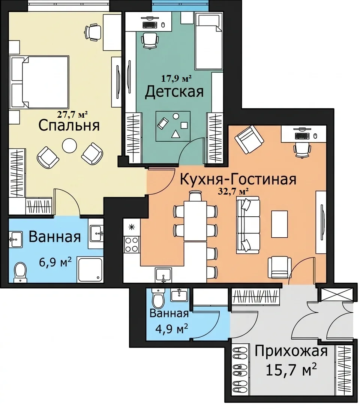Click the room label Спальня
point(69,126)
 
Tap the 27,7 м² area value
point(72,114)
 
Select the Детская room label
point(174,92)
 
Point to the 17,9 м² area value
point(177,78)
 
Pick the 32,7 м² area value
point(233,192)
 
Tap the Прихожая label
point(291,351)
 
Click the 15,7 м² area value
point(291,370)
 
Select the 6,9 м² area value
point(55,262)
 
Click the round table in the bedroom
point(69,146)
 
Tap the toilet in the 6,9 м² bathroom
point(20,271)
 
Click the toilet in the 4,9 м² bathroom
point(158,298)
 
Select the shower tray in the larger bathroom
point(90,270)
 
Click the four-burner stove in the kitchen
point(132,245)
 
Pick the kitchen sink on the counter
point(163,275)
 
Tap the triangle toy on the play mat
point(175,134)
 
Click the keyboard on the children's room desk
point(150,25)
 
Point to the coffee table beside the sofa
point(279,224)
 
